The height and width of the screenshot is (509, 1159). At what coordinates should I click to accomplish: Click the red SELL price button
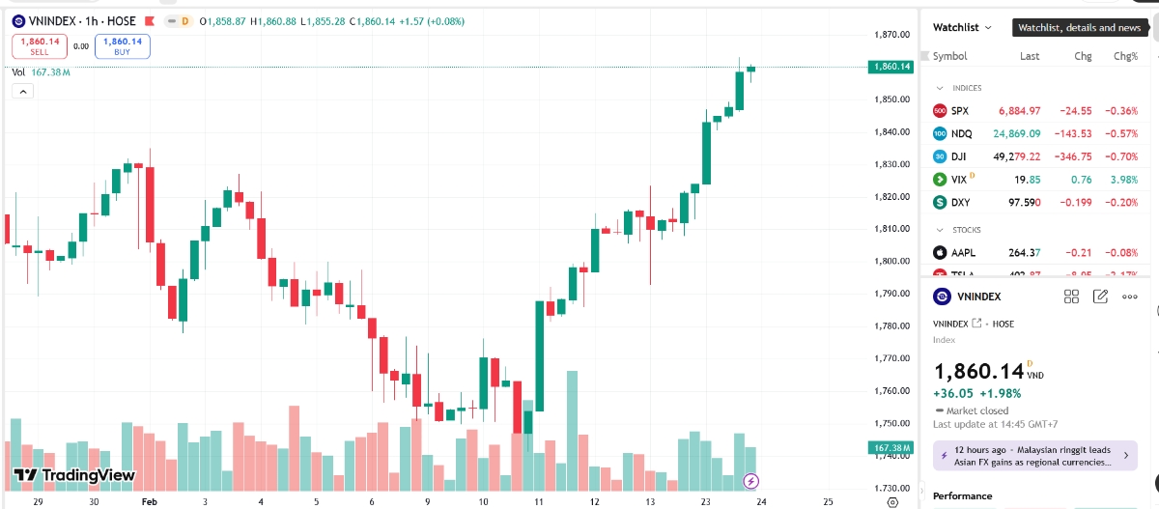point(39,45)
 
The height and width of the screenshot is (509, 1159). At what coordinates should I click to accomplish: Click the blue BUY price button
point(122,45)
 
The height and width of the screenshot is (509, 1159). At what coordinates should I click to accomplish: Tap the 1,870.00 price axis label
point(891,35)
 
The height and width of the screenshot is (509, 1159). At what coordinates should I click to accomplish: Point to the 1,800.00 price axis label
point(891,261)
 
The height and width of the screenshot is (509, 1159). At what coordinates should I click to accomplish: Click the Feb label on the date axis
point(149,502)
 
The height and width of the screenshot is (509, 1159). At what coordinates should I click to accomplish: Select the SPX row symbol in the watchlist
point(959,111)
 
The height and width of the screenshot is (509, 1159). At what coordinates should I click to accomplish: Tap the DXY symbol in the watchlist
point(960,203)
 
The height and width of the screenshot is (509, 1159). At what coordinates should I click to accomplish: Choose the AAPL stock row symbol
point(963,253)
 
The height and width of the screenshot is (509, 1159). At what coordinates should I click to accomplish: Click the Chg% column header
point(1125,56)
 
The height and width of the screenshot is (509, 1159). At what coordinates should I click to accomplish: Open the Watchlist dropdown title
point(962,28)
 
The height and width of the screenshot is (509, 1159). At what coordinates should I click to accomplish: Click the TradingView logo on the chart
point(74,475)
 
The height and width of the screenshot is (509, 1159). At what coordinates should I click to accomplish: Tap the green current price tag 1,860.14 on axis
point(890,67)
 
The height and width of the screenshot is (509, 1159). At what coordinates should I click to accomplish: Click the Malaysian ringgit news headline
point(1032,456)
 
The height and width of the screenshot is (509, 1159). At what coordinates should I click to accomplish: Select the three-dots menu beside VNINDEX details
point(1129,297)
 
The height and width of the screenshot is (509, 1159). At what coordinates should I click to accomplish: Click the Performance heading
point(962,496)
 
